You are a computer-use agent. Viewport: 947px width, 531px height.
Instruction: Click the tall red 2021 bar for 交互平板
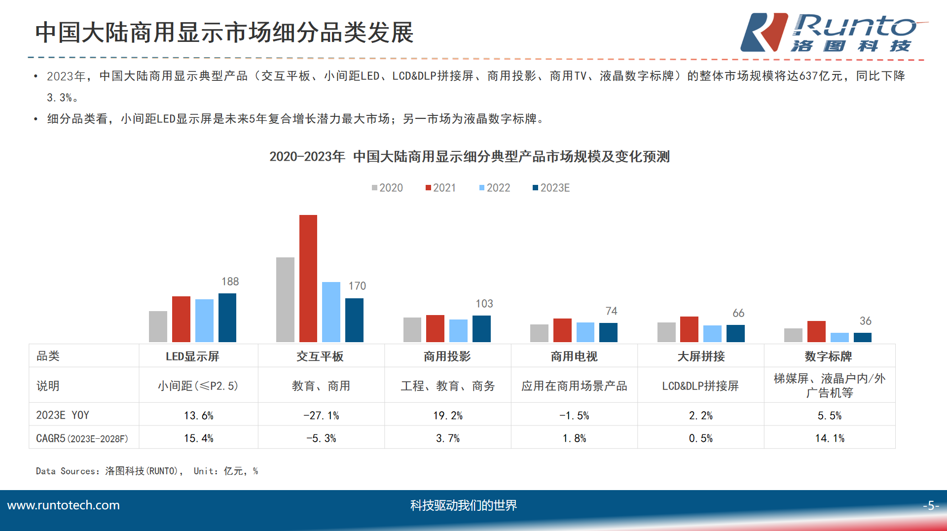(x=308, y=279)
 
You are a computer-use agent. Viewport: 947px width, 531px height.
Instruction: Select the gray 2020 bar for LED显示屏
(x=158, y=326)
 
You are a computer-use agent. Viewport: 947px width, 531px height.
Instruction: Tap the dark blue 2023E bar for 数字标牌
(x=862, y=337)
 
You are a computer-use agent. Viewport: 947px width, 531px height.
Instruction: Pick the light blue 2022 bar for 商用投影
(x=458, y=331)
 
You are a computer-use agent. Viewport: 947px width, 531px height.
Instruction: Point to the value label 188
(x=230, y=282)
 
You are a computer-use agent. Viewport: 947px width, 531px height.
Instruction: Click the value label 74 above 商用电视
(x=611, y=311)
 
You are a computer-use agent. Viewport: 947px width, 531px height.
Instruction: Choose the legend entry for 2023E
(x=551, y=188)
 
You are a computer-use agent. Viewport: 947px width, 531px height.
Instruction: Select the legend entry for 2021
(x=440, y=188)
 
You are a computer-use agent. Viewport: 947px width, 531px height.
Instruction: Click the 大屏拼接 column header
(x=701, y=356)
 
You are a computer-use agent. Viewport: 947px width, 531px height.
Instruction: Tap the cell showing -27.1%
(x=321, y=416)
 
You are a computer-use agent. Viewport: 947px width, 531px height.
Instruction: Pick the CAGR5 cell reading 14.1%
(x=830, y=438)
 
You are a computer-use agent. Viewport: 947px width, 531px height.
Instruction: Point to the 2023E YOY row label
(x=63, y=415)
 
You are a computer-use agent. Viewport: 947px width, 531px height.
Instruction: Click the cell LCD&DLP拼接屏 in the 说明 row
(x=700, y=386)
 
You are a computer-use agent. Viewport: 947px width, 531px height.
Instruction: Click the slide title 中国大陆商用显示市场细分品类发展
(x=224, y=33)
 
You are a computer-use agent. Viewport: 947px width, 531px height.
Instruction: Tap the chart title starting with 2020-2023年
(x=469, y=157)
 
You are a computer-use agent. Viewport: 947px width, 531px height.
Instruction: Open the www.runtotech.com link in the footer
(x=64, y=505)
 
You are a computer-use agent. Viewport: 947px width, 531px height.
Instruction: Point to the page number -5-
(x=930, y=505)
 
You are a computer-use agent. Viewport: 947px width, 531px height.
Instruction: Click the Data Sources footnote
(x=147, y=471)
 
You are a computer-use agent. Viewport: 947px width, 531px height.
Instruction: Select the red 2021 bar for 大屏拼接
(x=689, y=329)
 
